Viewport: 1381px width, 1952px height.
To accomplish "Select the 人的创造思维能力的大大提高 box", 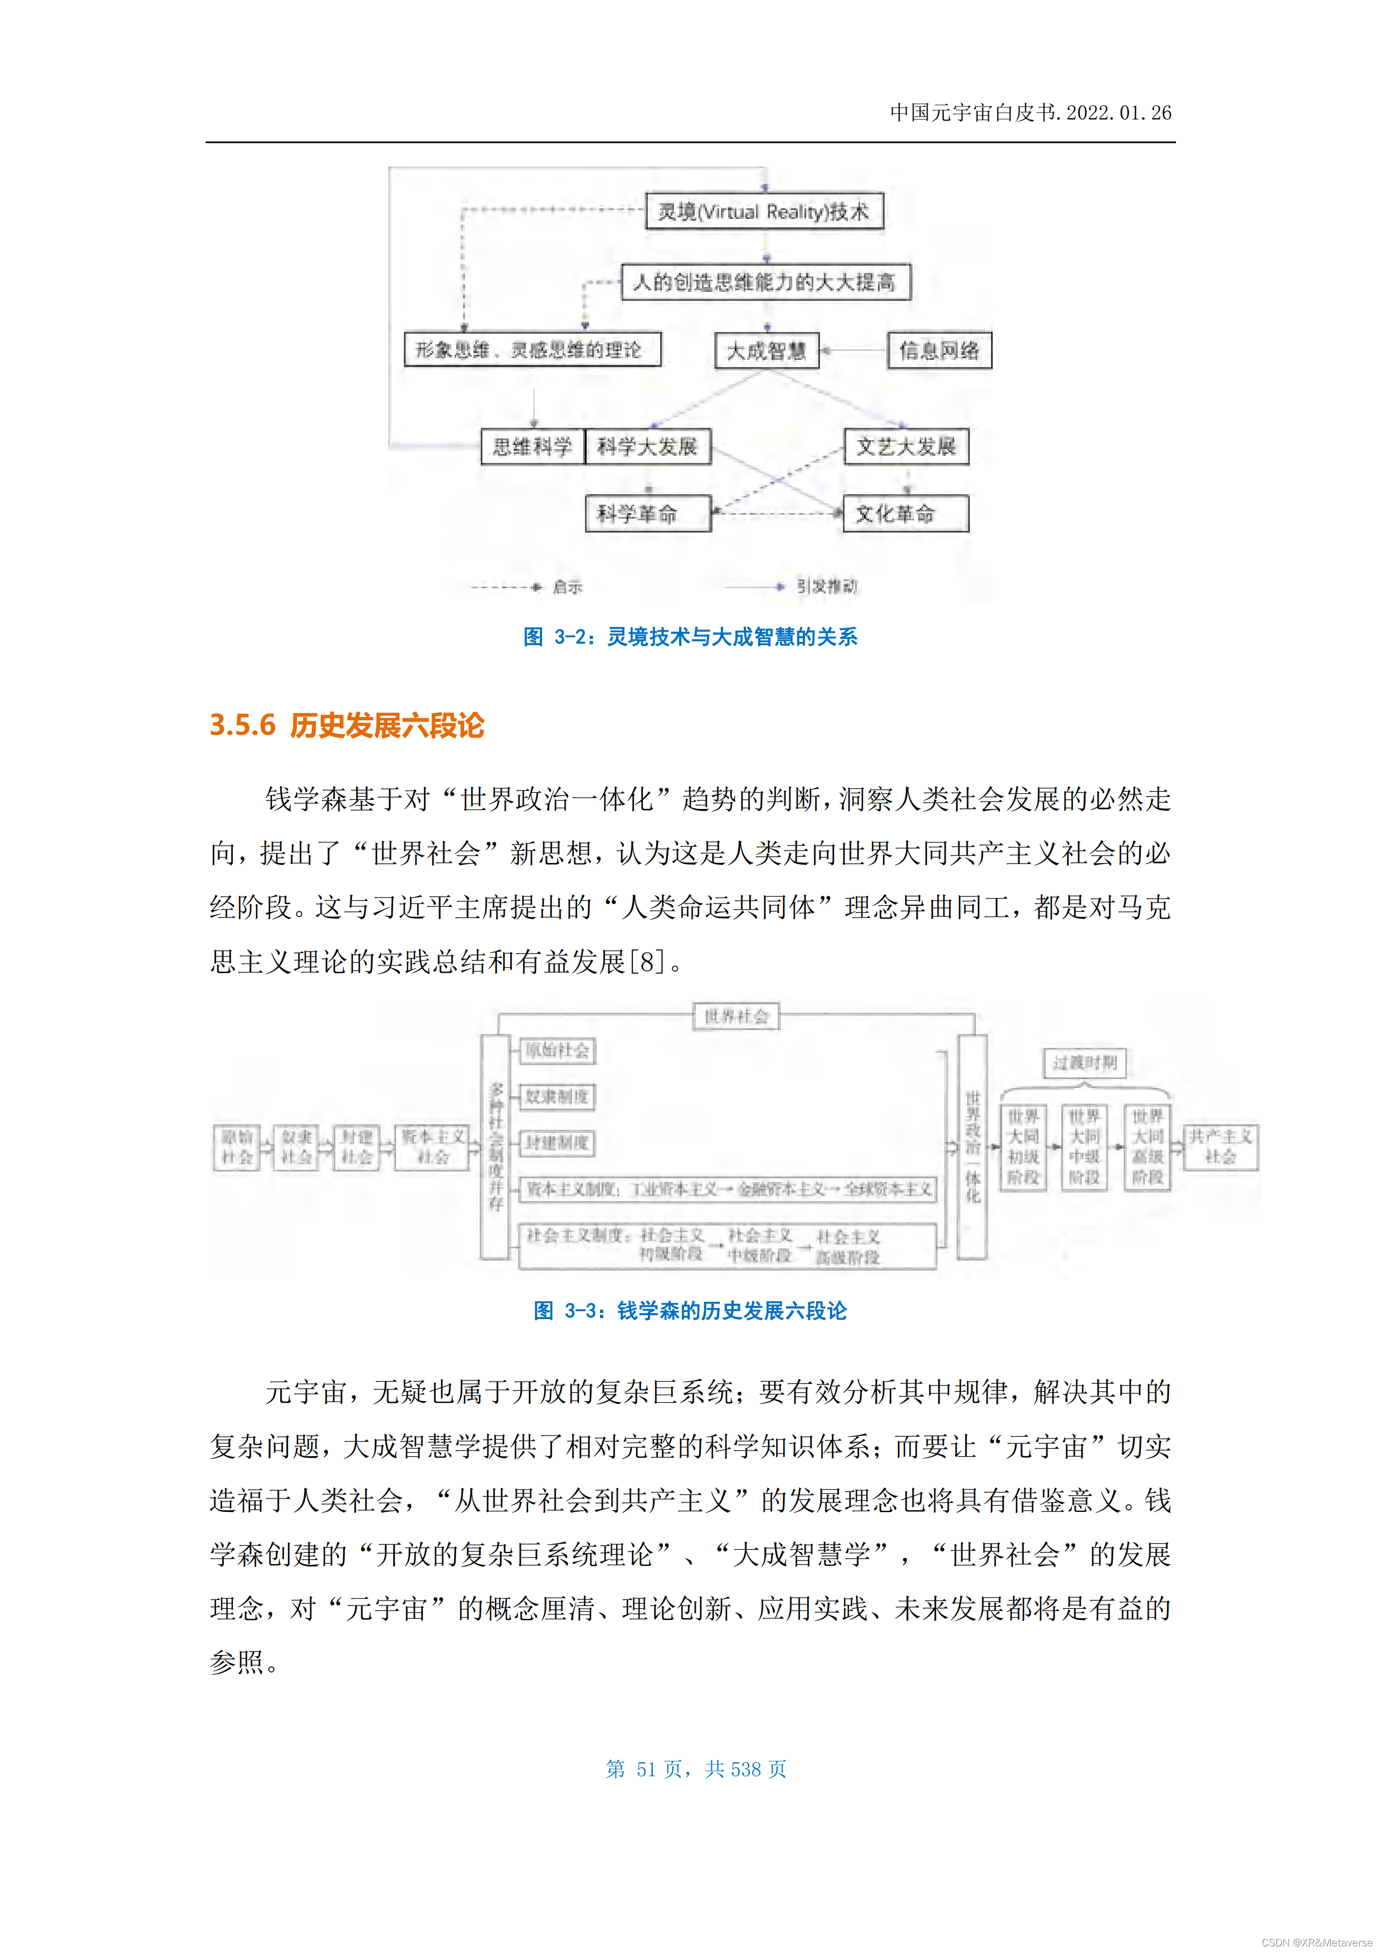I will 765,282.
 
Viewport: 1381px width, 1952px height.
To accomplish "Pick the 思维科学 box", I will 533,446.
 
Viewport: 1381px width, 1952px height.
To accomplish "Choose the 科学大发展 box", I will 647,446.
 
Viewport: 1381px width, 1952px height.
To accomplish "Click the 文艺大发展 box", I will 906,446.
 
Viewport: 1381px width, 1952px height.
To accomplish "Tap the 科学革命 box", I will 647,514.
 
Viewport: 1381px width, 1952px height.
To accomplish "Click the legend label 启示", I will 567,587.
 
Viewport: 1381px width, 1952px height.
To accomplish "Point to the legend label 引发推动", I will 827,587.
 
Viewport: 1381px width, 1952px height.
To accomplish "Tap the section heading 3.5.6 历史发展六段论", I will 347,725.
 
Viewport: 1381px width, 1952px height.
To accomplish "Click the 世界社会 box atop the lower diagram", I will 736,1016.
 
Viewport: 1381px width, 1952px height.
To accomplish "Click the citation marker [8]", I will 646,962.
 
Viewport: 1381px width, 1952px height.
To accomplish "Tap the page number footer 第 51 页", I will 696,1769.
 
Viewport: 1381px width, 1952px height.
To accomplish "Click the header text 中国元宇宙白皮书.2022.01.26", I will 1030,112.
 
